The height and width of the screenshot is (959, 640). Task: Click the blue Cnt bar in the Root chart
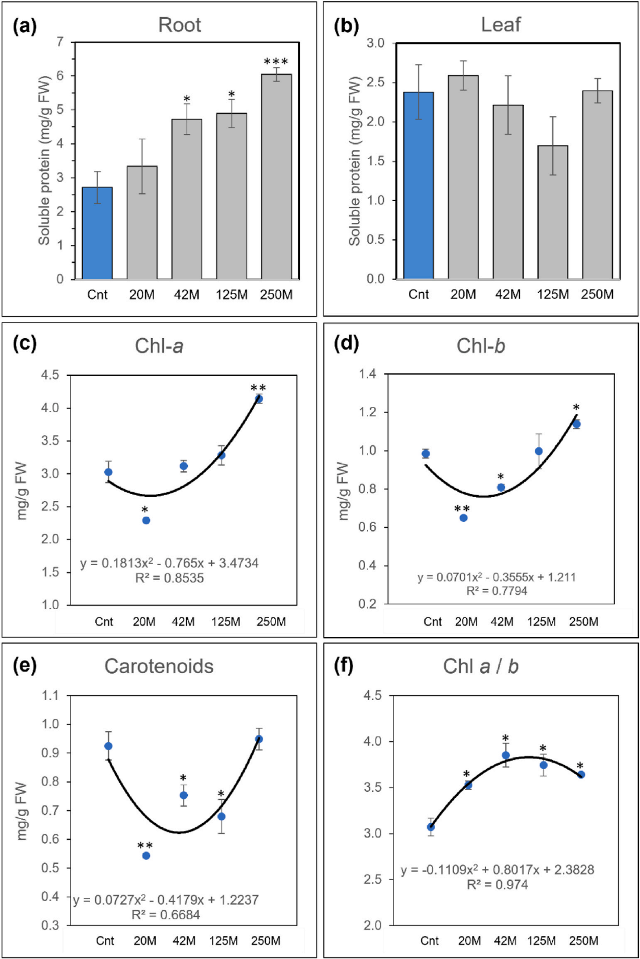(x=97, y=233)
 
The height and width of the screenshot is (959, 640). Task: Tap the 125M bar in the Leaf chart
(x=552, y=212)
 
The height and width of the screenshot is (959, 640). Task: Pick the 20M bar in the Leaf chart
(x=463, y=177)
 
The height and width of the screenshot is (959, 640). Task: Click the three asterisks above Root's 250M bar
(x=276, y=62)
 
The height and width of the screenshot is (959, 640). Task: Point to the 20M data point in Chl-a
(x=146, y=521)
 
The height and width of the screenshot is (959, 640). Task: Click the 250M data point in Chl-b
(x=577, y=424)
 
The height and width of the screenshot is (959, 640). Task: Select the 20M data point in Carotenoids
(x=146, y=856)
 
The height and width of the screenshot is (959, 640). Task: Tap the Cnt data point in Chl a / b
(x=431, y=827)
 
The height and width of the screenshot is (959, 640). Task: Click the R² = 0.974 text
(x=497, y=884)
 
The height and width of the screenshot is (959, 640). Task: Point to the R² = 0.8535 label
(x=169, y=578)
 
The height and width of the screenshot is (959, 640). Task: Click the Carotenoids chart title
(x=159, y=666)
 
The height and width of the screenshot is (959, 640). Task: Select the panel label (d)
(x=346, y=343)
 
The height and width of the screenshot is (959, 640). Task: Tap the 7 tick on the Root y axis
(x=60, y=42)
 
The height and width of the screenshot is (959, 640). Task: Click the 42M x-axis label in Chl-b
(x=501, y=622)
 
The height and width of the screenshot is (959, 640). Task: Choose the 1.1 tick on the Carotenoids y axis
(x=50, y=695)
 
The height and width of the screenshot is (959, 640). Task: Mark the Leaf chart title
(x=501, y=24)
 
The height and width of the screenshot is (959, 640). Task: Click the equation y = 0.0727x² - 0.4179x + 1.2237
(x=166, y=900)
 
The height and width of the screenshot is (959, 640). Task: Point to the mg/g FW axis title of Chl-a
(x=22, y=490)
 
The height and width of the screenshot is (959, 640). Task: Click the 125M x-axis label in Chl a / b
(x=541, y=941)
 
